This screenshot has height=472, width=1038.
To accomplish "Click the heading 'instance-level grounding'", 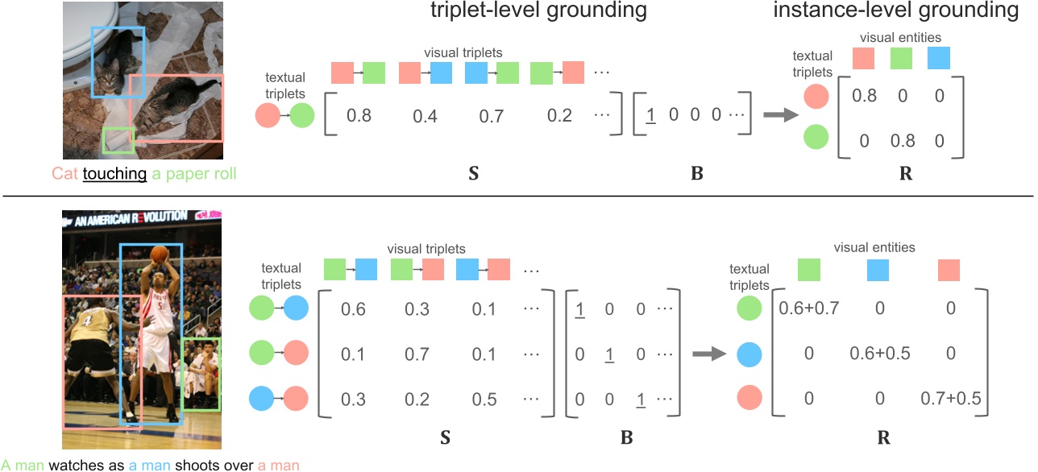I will pos(896,11).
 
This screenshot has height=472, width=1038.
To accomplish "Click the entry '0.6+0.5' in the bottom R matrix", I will pos(880,353).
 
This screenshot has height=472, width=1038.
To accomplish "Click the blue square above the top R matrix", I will pos(939,57).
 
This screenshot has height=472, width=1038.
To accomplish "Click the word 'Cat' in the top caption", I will pos(64,173).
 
